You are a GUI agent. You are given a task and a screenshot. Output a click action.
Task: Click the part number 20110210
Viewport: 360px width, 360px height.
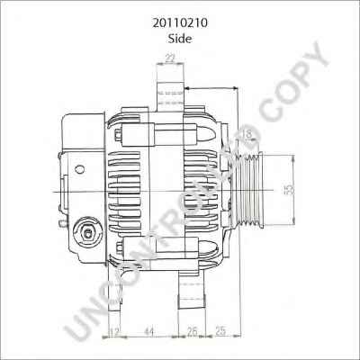tap(180, 23)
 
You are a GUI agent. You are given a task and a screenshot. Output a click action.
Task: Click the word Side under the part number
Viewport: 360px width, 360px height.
tap(180, 39)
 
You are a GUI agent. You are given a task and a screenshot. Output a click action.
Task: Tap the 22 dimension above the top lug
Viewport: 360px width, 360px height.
tap(170, 58)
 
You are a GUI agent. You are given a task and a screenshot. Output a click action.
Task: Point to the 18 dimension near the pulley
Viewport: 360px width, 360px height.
tap(247, 134)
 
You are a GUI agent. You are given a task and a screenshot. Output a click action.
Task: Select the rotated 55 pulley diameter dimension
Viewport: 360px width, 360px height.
tap(289, 190)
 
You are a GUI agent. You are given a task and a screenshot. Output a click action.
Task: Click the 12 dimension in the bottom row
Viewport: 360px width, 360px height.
tap(114, 332)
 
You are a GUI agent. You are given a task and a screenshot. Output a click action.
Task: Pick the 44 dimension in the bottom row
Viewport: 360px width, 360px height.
tap(149, 331)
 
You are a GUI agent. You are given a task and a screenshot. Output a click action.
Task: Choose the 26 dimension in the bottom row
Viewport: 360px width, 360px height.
tap(192, 331)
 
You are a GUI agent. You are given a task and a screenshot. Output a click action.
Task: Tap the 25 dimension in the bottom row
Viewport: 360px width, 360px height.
tap(220, 330)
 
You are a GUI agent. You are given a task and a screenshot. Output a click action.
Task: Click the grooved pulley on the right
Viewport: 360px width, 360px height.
tap(248, 190)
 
